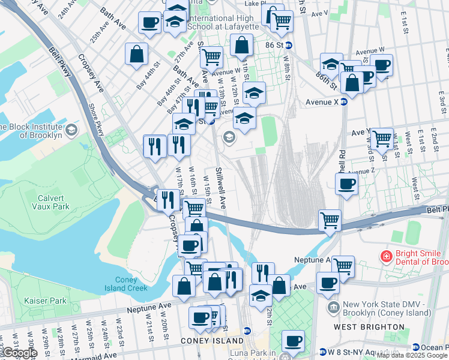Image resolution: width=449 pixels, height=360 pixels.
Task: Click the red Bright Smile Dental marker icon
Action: click(388, 256)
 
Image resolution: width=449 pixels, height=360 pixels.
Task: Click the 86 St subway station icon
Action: click(289, 45)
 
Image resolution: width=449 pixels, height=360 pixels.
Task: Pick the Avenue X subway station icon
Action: click(344, 101)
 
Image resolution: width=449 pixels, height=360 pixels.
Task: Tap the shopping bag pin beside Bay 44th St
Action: click(136, 54)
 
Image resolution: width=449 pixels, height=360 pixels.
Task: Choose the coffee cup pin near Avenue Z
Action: click(346, 185)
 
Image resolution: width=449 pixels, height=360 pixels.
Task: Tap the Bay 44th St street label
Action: click(149, 75)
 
